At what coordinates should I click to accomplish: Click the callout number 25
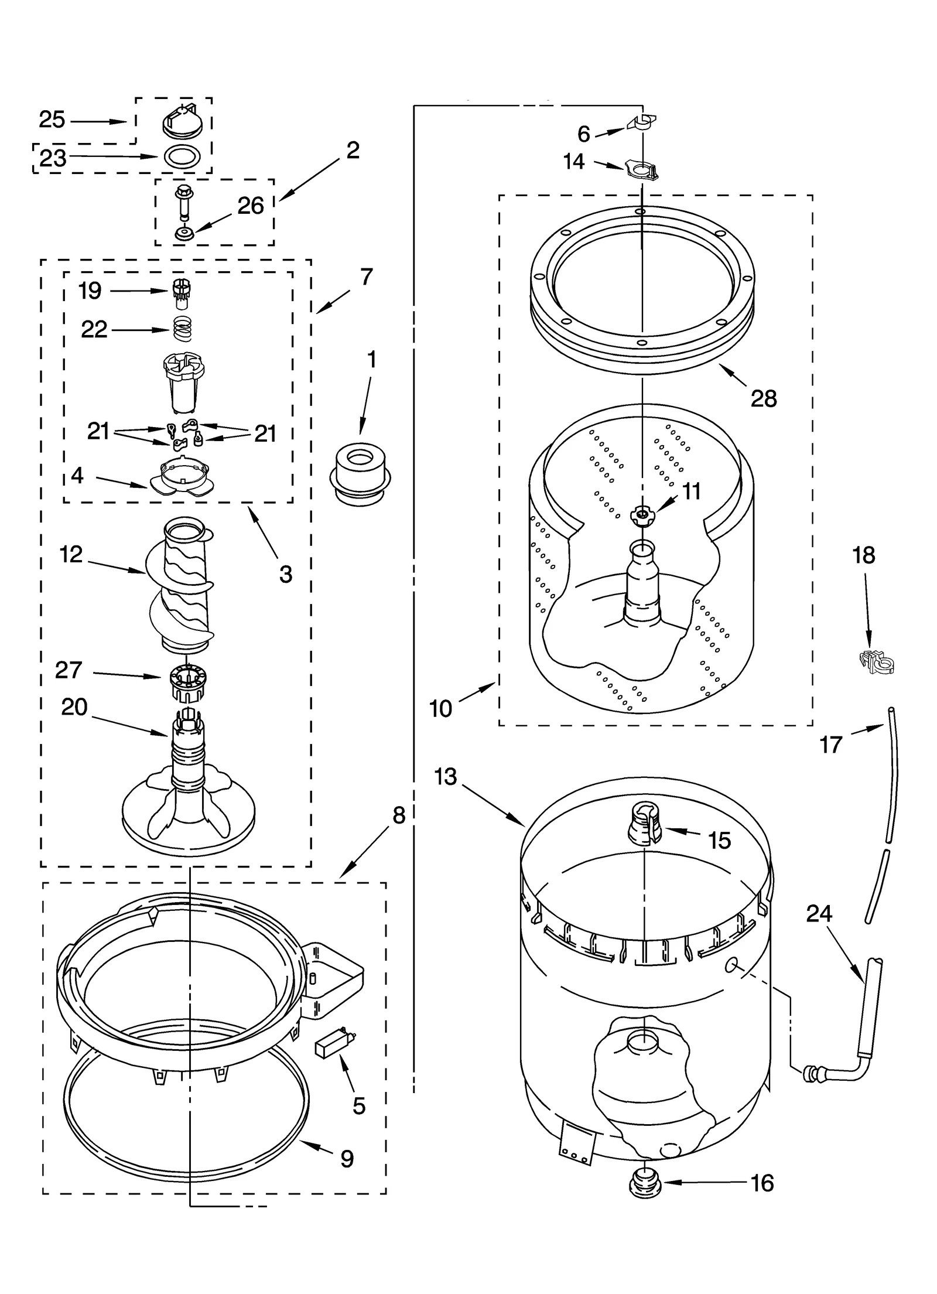pos(52,120)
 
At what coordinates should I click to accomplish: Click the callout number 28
pos(764,399)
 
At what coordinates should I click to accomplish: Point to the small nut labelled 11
pos(642,515)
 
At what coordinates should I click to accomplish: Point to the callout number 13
pos(445,777)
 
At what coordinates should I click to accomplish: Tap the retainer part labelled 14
pos(641,171)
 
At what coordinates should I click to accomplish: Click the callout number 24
pos(819,913)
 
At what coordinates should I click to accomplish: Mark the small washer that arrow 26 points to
pos(184,234)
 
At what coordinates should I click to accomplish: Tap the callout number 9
pos(347,1159)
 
